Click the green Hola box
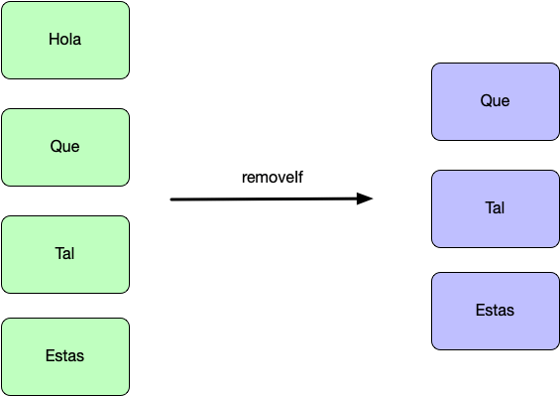65,40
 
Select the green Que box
65,147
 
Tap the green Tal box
65,254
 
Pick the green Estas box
65,356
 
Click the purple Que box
496,101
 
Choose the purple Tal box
496,208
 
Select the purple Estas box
496,311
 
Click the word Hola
65,39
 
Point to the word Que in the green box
65,146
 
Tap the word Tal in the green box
65,253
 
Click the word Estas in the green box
65,355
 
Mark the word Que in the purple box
495,100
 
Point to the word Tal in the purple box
495,207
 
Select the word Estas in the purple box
495,310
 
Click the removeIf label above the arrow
273,177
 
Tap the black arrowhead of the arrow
365,198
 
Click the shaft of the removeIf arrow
264,199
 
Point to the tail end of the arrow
170,199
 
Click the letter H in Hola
54,39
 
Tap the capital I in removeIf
296,177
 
